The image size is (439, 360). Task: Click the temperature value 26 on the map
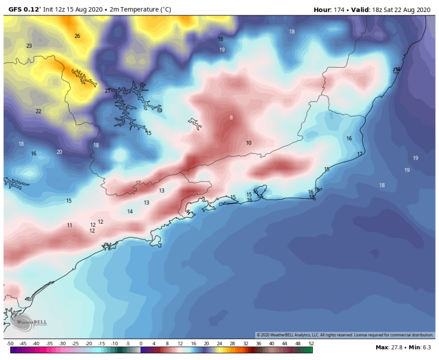[77, 36]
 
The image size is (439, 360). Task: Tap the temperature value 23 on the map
[29, 46]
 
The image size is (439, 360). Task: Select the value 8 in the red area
[231, 118]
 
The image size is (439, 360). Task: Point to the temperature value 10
[248, 143]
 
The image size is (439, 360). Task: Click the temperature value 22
[38, 111]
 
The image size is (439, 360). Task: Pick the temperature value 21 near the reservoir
[108, 91]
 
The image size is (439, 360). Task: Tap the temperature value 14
[130, 212]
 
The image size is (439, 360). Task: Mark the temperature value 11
[70, 225]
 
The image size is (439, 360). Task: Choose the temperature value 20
[60, 152]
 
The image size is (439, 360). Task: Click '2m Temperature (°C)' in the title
[142, 10]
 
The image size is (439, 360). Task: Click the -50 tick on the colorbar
[10, 344]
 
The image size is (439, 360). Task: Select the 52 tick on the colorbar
[311, 344]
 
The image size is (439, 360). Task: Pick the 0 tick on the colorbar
[141, 344]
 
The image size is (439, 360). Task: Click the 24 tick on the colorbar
[219, 344]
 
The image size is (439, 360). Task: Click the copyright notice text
[345, 335]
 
